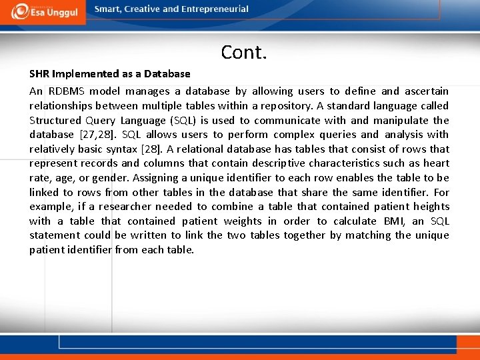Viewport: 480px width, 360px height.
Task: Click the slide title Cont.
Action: coord(244,52)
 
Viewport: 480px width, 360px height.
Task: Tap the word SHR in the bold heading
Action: coord(39,74)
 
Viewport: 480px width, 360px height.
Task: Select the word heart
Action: coord(435,163)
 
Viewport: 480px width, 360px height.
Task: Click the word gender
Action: coord(109,178)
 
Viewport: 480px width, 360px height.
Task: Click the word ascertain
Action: coord(426,91)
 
